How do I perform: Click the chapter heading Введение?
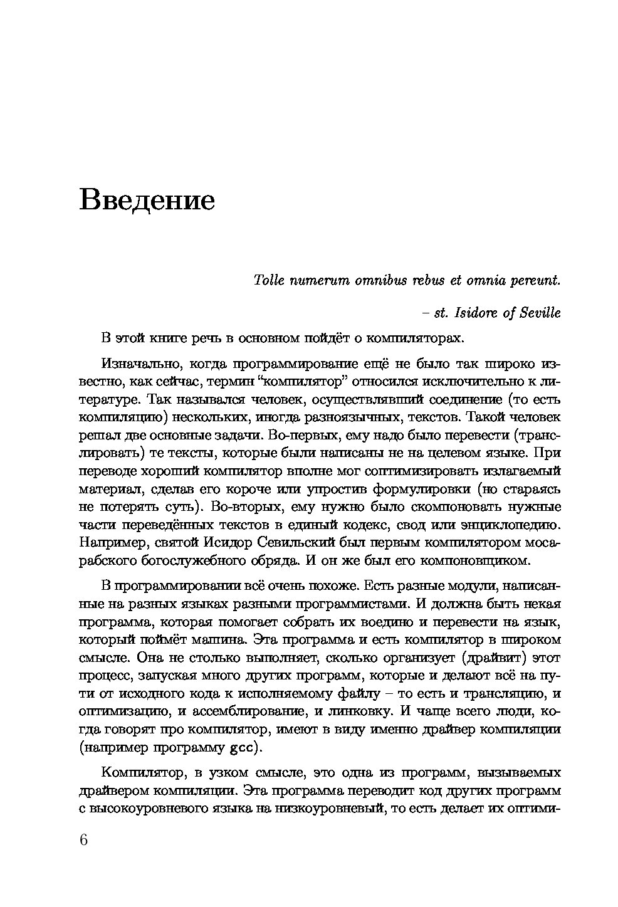tap(147, 200)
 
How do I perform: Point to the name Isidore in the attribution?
tap(475, 313)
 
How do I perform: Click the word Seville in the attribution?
tap(540, 313)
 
